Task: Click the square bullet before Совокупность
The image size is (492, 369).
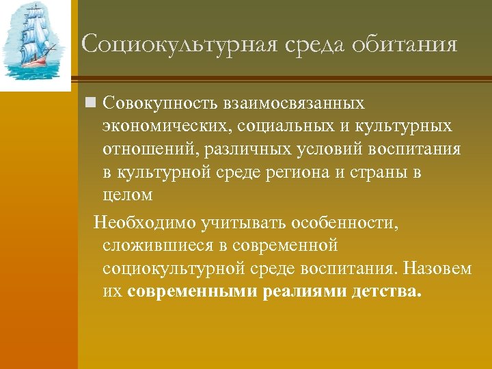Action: point(89,103)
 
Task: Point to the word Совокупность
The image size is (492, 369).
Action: point(158,103)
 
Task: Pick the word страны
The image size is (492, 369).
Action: point(381,172)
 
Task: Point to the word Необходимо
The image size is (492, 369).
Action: point(143,223)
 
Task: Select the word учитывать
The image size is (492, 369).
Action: point(243,223)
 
